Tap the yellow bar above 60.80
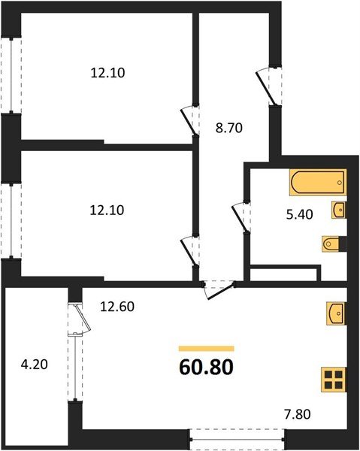click(206, 349)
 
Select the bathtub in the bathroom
click(317, 181)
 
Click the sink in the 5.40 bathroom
click(338, 209)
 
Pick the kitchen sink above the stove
click(335, 311)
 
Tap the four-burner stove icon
click(332, 379)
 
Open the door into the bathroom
click(241, 216)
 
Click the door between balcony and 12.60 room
click(77, 319)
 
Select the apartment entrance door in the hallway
click(268, 84)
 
